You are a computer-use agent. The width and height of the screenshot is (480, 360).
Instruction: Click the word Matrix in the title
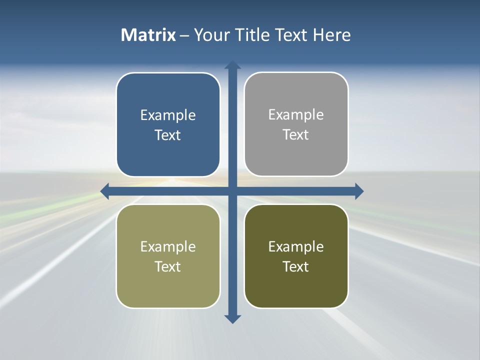click(x=148, y=35)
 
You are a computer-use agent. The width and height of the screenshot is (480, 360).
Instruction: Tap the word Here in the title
click(x=332, y=35)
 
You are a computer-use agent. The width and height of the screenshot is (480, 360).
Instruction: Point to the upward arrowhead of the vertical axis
click(x=232, y=65)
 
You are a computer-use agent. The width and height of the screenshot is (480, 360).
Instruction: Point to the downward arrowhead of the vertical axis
click(x=232, y=318)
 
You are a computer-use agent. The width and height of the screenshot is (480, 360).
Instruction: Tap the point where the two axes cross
click(x=232, y=191)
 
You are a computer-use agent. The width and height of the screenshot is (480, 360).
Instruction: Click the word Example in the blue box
click(x=168, y=115)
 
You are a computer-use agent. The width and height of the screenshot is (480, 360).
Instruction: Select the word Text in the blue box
click(x=168, y=135)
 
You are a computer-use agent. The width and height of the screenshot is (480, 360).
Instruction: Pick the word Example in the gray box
click(x=296, y=115)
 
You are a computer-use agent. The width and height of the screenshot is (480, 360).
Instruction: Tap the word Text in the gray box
click(x=296, y=135)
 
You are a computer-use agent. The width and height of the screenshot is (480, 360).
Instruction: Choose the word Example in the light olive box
click(x=168, y=247)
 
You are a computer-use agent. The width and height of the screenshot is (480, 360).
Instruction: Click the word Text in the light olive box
click(x=168, y=267)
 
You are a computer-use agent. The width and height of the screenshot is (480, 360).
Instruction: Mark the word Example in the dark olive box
click(x=296, y=247)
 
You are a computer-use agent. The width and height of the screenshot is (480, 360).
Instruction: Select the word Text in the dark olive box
click(x=296, y=267)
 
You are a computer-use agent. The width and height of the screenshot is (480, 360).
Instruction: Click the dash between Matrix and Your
click(x=185, y=35)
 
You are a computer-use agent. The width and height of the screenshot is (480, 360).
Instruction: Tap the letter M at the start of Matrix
click(x=128, y=35)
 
